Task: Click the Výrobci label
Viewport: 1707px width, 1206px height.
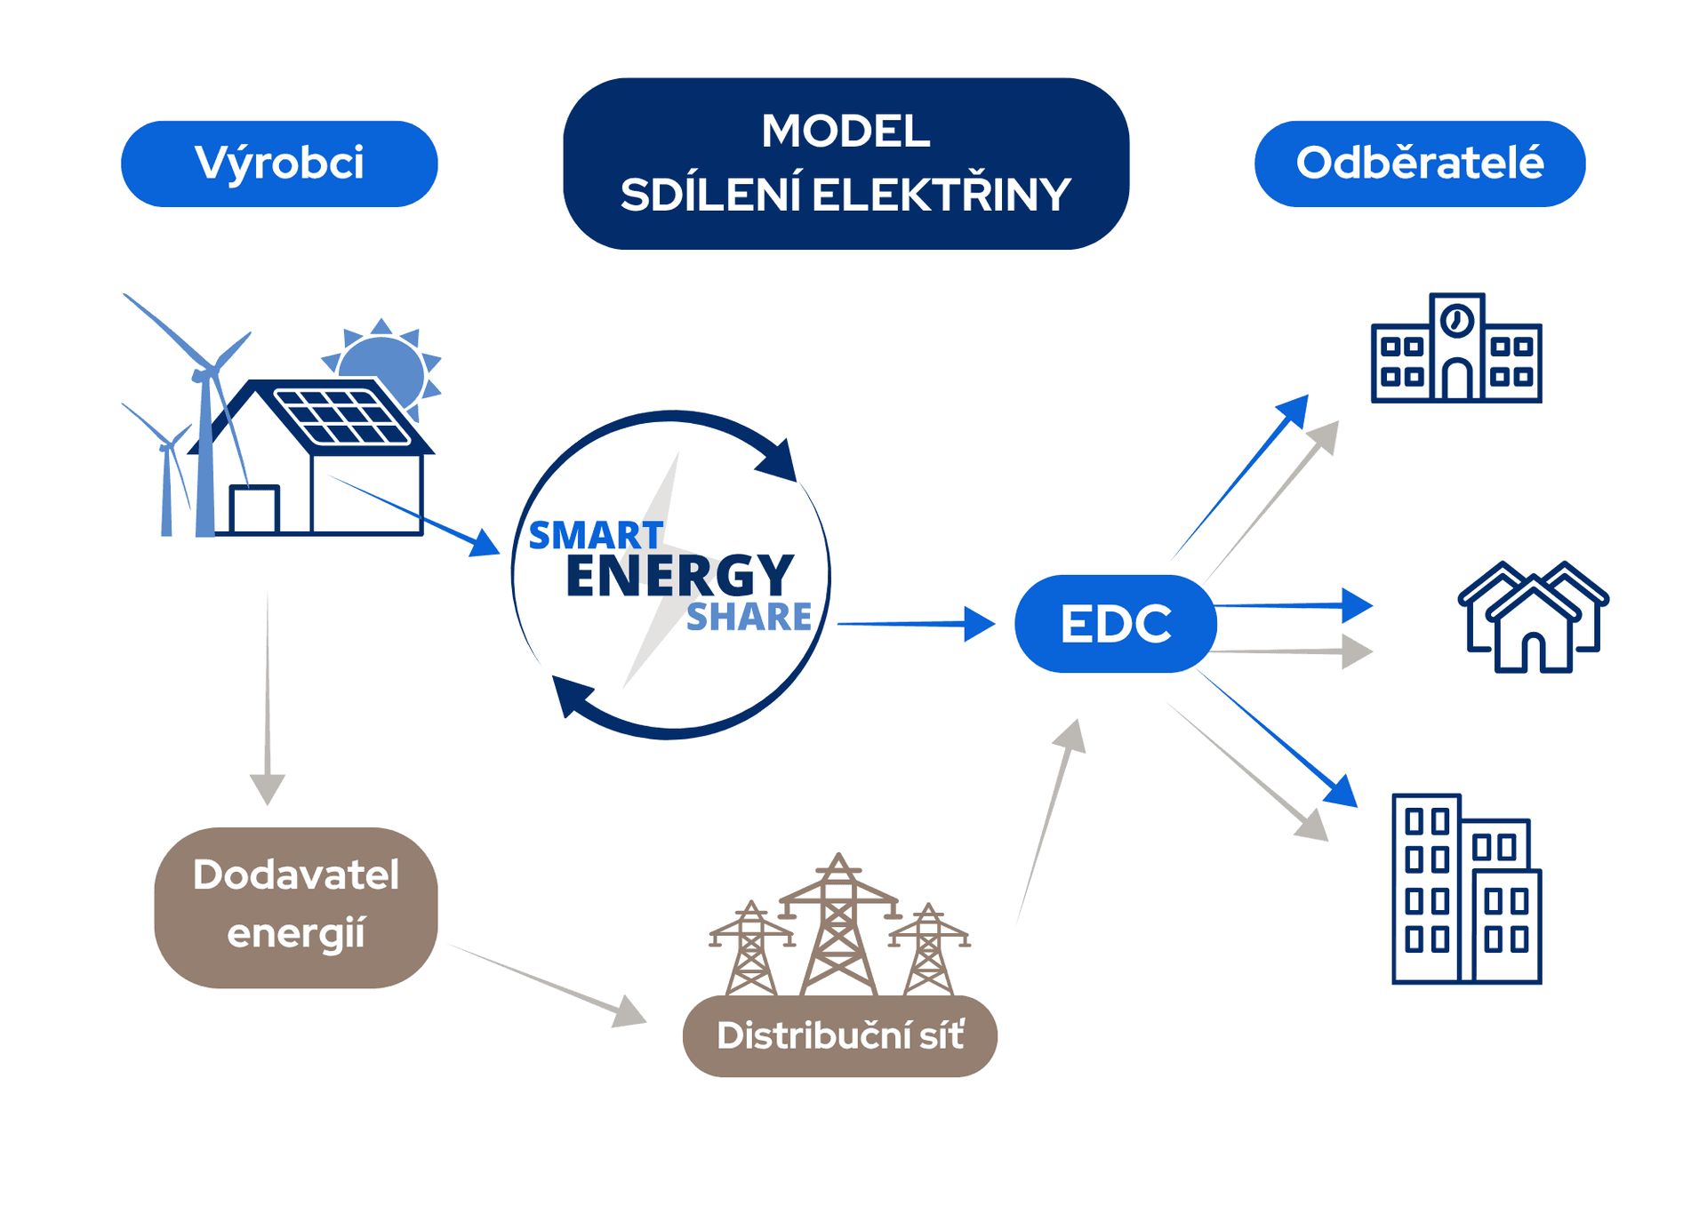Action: [279, 164]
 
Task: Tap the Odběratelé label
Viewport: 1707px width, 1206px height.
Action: [1419, 164]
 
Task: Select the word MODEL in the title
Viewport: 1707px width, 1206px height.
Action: [845, 132]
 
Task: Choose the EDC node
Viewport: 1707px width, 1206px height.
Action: [1115, 623]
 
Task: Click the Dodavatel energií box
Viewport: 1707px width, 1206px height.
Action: [296, 906]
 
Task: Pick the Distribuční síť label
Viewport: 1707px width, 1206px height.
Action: [839, 1035]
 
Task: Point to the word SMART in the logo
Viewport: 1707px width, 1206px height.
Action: [596, 536]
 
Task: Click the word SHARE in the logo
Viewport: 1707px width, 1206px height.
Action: [749, 617]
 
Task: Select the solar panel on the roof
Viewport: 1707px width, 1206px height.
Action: [342, 416]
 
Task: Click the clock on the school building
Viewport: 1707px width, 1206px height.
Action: [1456, 320]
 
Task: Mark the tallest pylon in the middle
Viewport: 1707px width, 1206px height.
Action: [838, 924]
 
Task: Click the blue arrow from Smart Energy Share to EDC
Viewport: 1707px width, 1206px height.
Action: [916, 624]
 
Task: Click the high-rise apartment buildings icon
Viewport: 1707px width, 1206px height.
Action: [1466, 890]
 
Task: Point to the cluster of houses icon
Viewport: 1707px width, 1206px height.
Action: [1533, 617]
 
